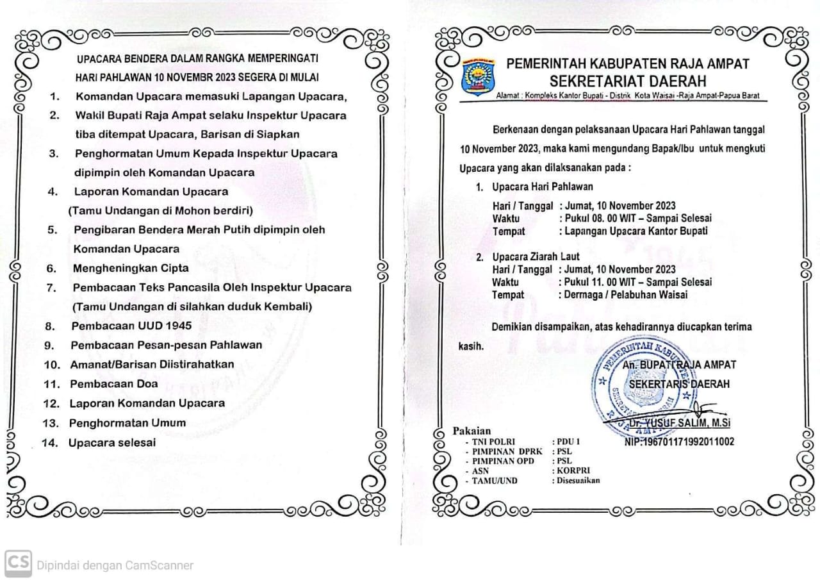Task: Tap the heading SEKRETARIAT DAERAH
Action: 628,81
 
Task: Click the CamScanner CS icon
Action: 17,564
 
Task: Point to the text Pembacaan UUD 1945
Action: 131,326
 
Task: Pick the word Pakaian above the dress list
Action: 471,431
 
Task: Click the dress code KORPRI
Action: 569,470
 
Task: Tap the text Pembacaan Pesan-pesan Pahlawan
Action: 167,345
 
